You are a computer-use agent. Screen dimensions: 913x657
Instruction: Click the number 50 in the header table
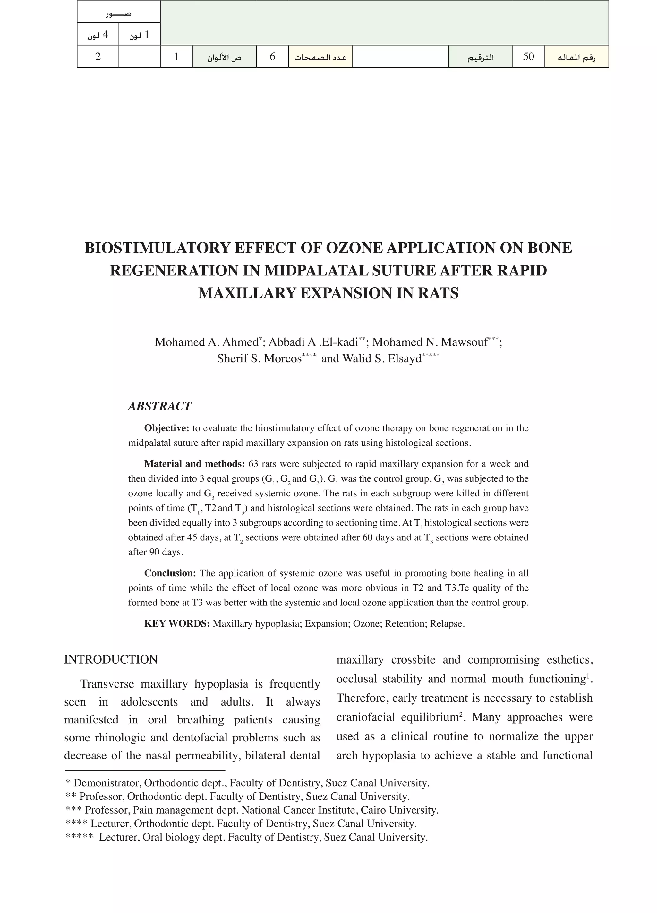[x=528, y=56]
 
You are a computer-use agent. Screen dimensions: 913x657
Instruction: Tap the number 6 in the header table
[x=272, y=56]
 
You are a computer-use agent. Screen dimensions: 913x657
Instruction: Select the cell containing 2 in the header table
[x=98, y=56]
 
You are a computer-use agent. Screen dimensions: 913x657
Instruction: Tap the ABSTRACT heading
[x=159, y=406]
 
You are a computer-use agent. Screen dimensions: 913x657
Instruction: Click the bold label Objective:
[x=166, y=428]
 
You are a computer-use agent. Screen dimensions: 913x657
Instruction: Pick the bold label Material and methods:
[x=194, y=464]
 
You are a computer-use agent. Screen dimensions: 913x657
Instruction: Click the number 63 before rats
[x=253, y=464]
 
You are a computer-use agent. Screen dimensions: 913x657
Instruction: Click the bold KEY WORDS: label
[x=177, y=623]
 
